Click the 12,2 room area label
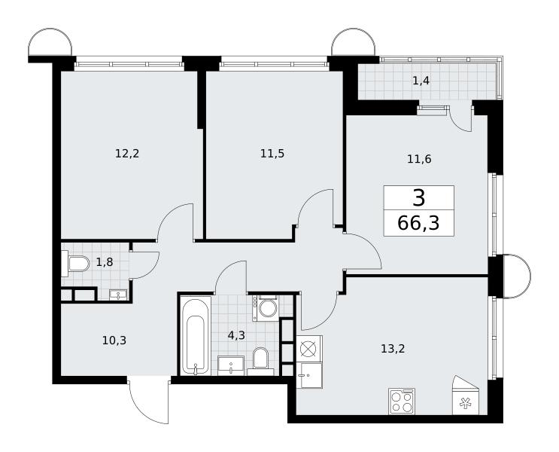[127, 154]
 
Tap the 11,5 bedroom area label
[272, 154]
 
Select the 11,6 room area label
[419, 159]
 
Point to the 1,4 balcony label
[421, 81]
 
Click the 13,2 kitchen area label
[393, 349]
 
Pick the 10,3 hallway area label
[114, 341]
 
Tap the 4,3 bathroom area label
[237, 335]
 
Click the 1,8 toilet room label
[105, 262]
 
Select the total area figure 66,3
[418, 224]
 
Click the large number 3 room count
[419, 198]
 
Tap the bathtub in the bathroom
[196, 335]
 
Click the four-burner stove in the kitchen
[402, 402]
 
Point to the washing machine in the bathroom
[266, 308]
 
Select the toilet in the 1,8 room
[75, 264]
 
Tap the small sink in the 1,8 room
[118, 295]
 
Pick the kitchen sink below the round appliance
[309, 375]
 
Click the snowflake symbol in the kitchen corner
[464, 404]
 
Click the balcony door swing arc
[460, 119]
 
